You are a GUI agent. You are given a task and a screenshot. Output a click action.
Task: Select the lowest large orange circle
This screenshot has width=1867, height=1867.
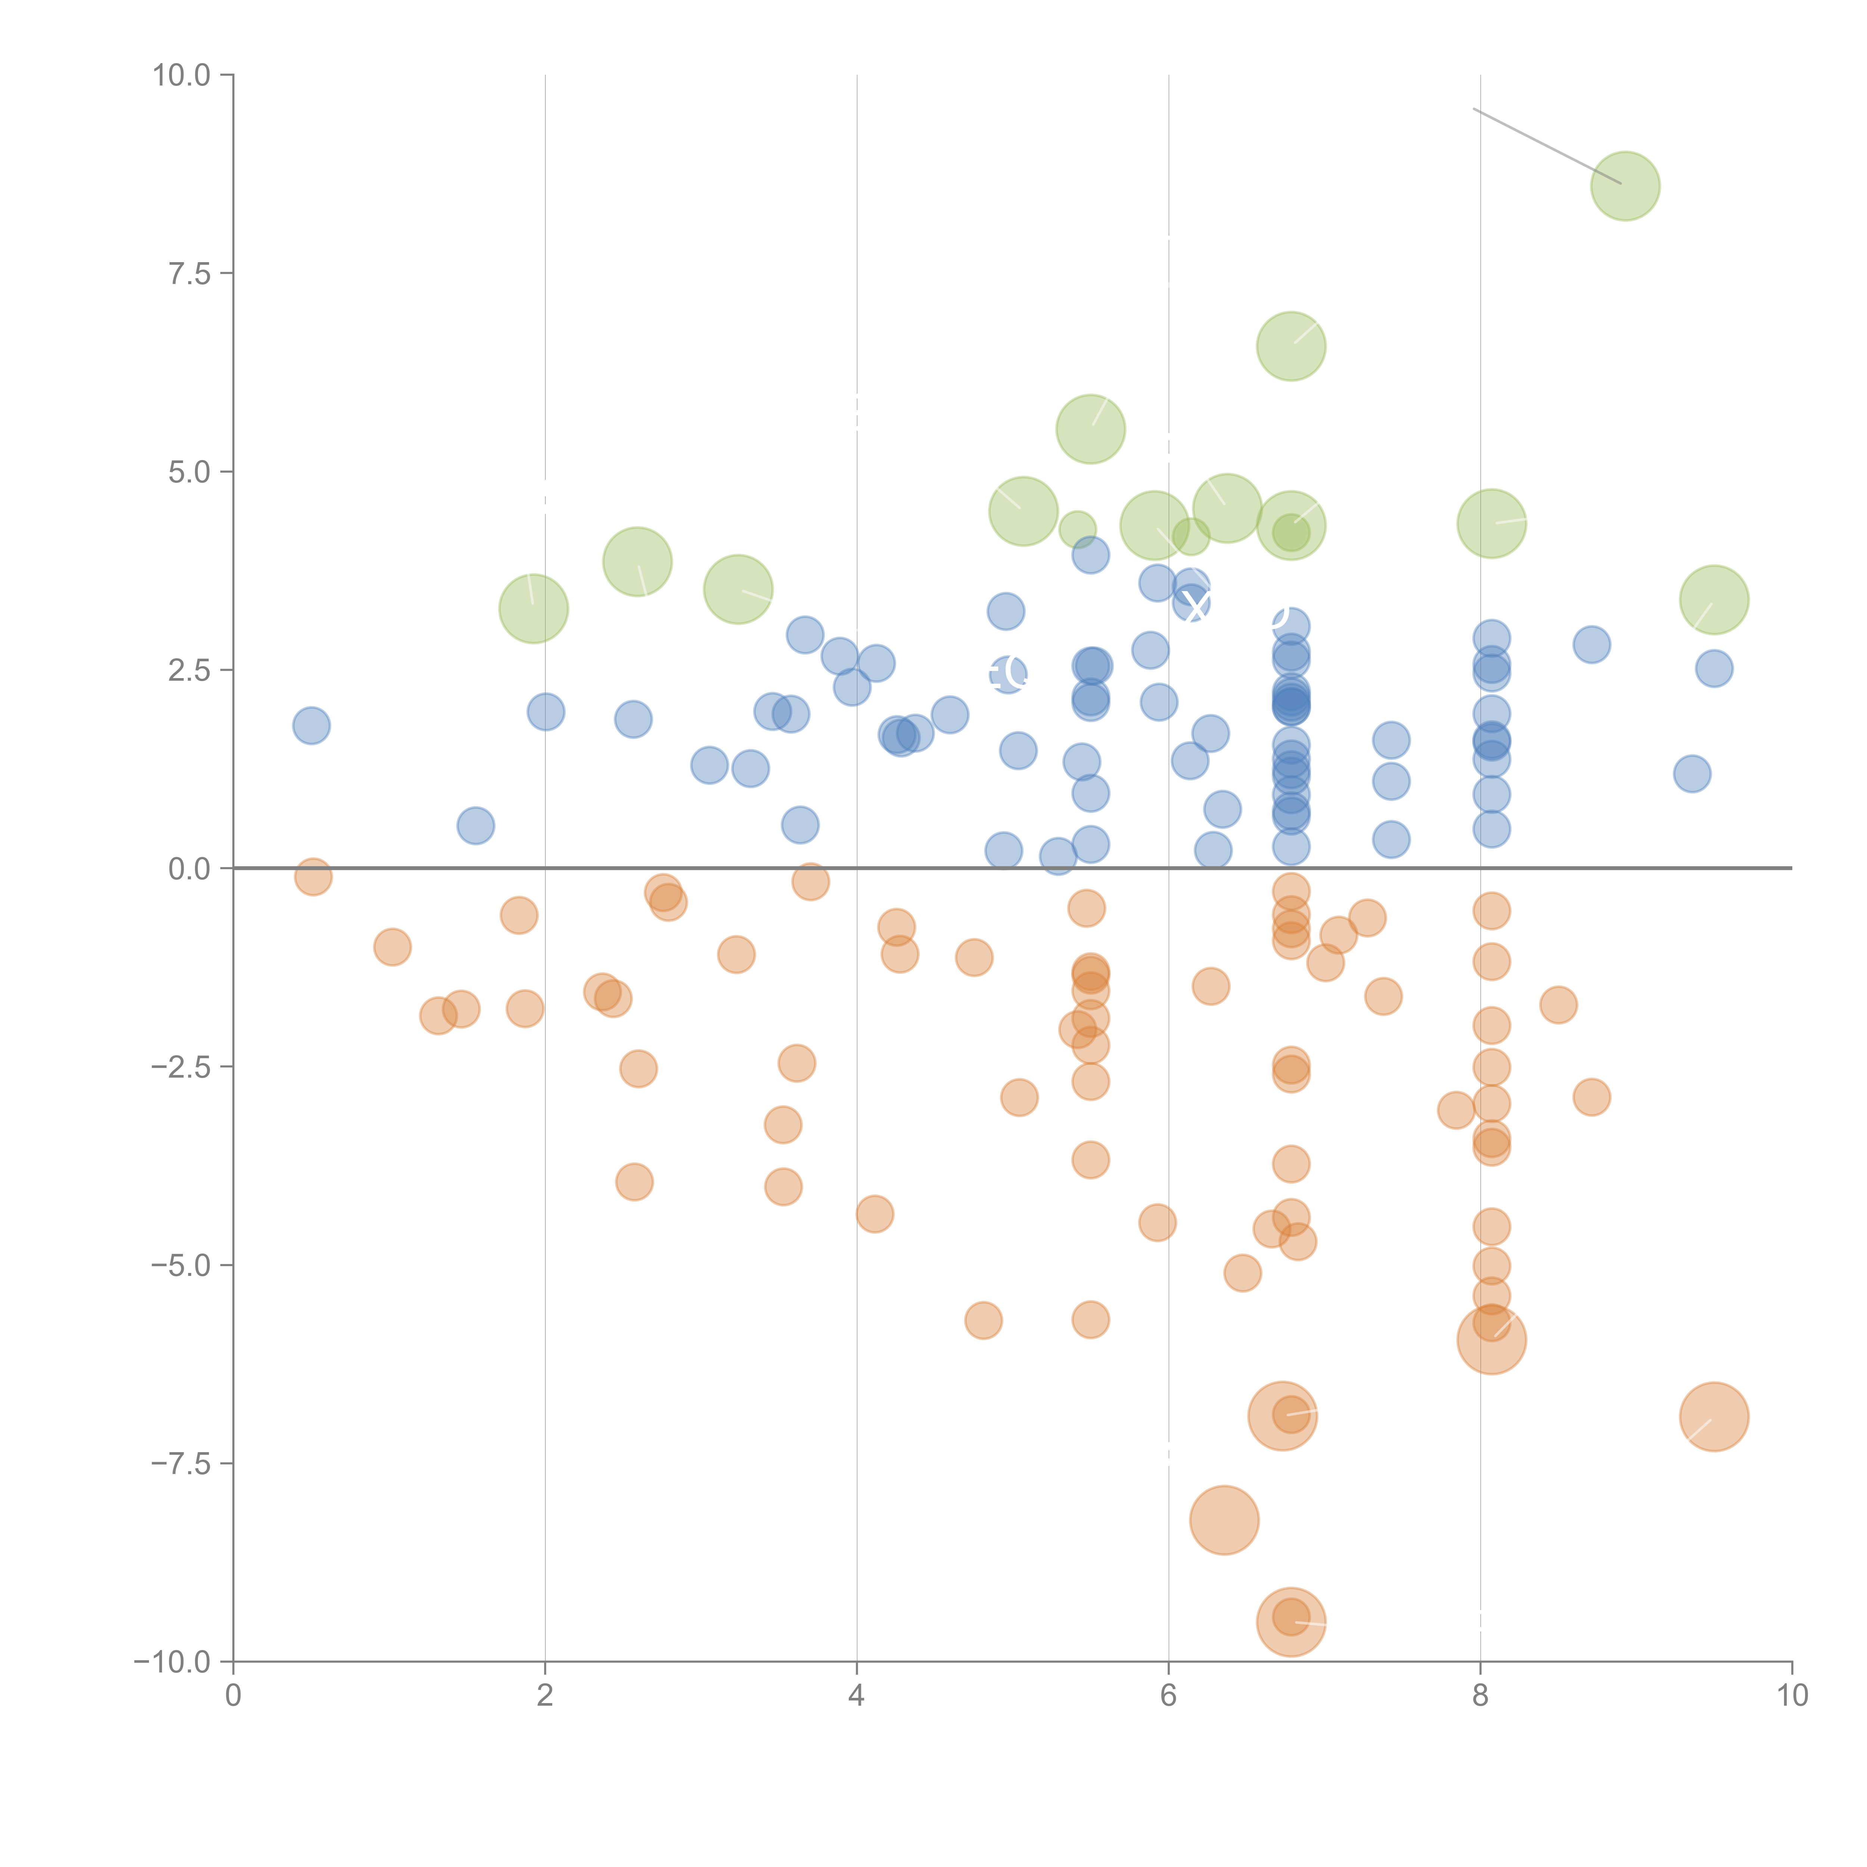point(1291,1622)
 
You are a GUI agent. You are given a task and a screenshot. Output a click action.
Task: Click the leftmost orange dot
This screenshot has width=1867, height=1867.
point(313,876)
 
